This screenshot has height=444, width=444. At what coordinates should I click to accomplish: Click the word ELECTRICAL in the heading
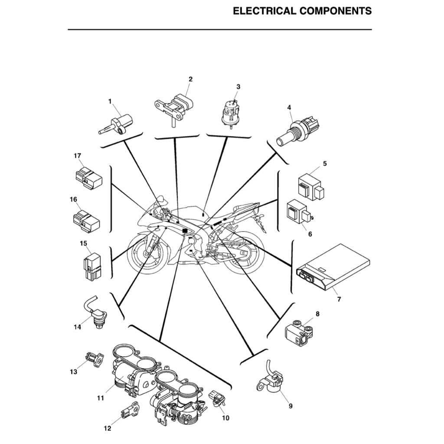coord(264,11)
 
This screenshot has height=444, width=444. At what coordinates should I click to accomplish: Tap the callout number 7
coord(339,299)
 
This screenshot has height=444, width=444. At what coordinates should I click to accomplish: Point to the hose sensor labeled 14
coord(96,312)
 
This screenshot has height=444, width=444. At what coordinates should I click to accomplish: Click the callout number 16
coord(73,199)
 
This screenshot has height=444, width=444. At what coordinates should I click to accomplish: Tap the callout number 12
coord(108,429)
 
